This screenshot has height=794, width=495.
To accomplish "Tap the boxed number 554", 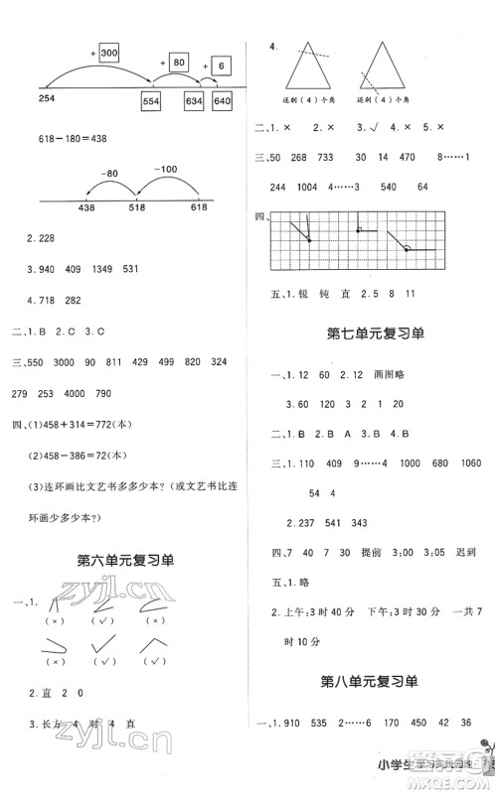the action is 152,102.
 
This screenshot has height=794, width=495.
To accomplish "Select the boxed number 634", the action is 193,102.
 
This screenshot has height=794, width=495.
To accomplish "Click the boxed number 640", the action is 222,102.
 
